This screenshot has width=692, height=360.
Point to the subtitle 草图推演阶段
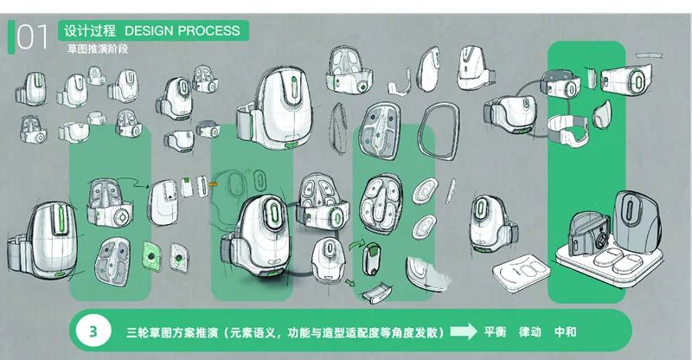97,48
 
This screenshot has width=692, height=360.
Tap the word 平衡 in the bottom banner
494,331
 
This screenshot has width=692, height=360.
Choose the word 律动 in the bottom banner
529,331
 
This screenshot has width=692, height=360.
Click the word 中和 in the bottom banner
565,331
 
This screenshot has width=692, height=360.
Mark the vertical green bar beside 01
11,37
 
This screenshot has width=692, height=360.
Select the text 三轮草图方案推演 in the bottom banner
170,331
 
